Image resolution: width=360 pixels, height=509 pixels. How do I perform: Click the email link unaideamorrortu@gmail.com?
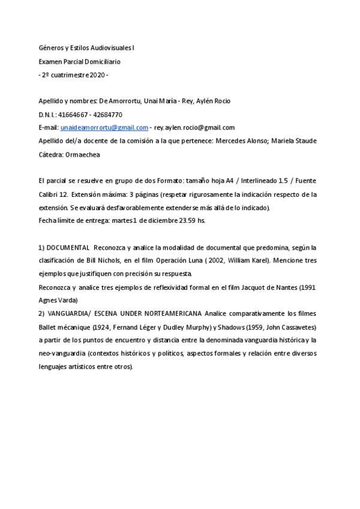tap(104, 127)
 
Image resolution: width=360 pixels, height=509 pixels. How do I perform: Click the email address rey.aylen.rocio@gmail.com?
tap(194, 127)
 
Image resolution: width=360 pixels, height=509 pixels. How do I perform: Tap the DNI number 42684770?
tap(109, 114)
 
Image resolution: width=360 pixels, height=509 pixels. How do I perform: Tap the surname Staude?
tap(304, 140)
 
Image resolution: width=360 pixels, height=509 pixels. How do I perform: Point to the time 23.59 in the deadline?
tap(182, 221)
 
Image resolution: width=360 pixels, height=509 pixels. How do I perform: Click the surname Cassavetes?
tap(298, 327)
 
